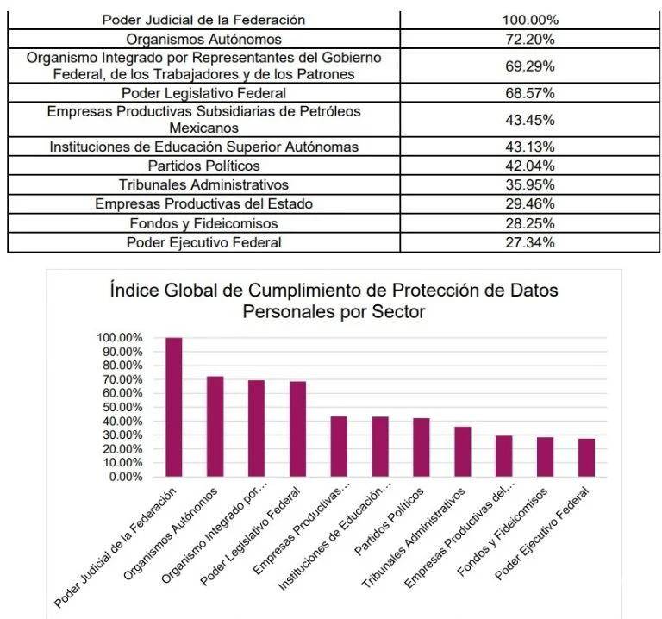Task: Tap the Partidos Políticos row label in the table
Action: click(203, 166)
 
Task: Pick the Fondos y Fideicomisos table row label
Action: click(203, 223)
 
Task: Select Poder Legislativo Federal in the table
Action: click(203, 91)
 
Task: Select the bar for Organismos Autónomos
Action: click(215, 426)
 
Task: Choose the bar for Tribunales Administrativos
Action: click(463, 451)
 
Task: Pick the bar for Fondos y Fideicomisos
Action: click(546, 456)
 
